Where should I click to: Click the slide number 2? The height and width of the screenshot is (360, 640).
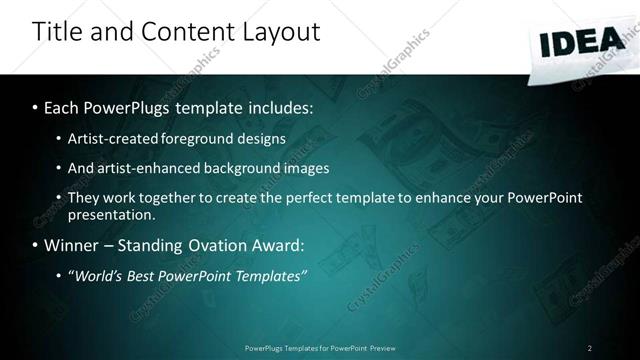[x=589, y=348]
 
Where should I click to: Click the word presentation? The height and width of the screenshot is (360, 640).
[x=111, y=214]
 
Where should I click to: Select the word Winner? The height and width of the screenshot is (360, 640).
[x=72, y=245]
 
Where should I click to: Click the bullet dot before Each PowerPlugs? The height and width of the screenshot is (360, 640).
[x=35, y=106]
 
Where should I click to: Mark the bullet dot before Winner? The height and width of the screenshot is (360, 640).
[x=35, y=245]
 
